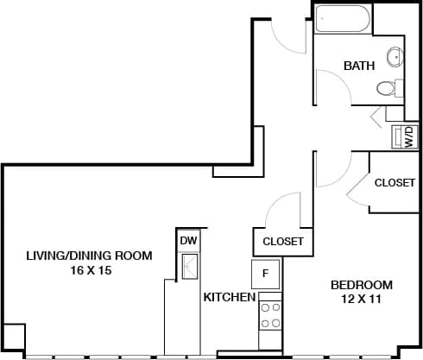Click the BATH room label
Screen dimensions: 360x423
(358, 66)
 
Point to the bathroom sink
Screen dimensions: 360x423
(395, 56)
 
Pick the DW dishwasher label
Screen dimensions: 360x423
(187, 241)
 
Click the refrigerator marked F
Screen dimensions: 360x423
(266, 274)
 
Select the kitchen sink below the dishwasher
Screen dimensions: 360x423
(188, 266)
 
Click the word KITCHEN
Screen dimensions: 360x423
(229, 297)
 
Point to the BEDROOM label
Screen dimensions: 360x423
(362, 285)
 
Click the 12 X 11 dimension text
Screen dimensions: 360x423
(362, 299)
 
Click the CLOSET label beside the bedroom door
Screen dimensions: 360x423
(395, 182)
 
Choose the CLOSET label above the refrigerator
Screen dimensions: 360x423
(282, 241)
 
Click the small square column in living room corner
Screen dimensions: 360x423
(13, 338)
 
